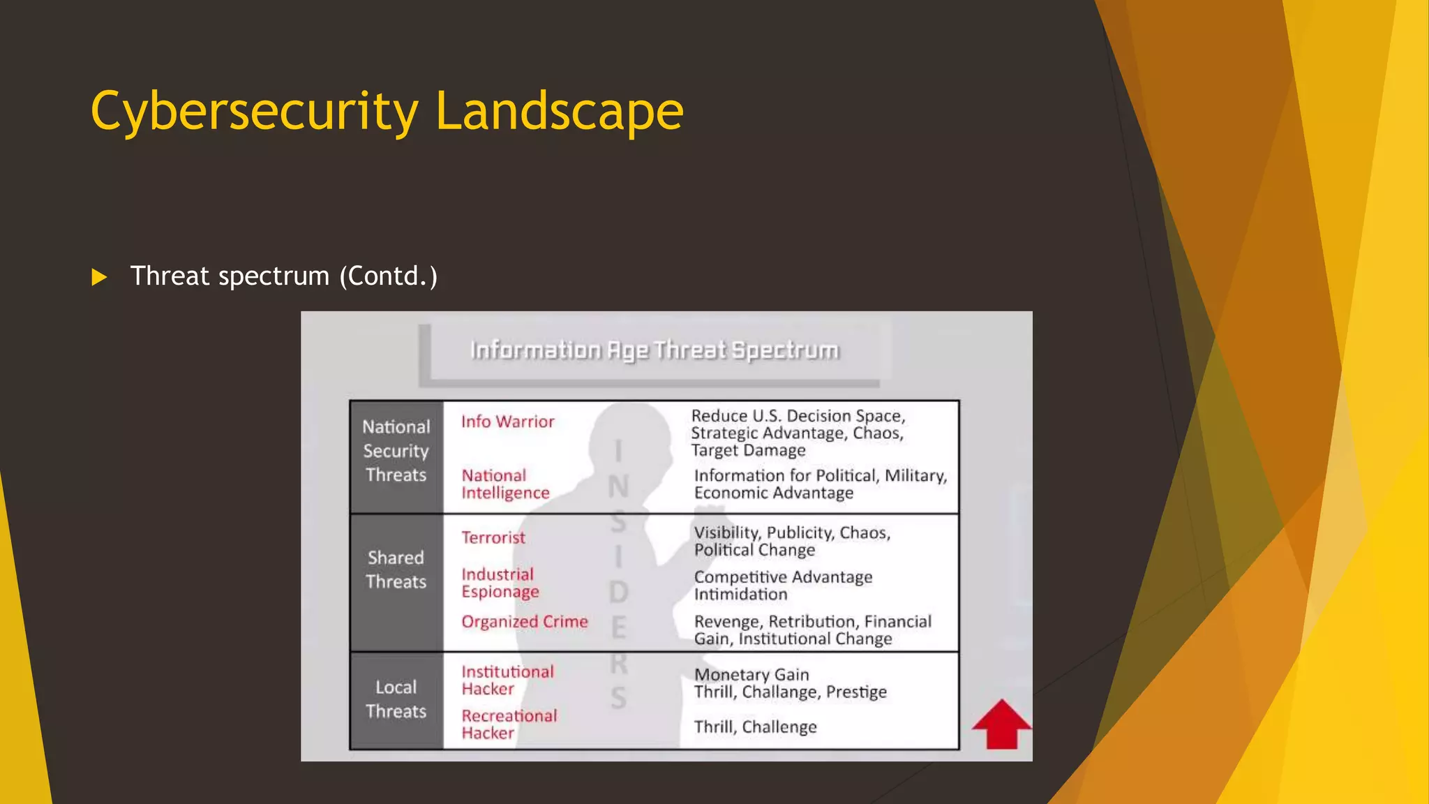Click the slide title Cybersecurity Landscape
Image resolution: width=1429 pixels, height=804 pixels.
(387, 111)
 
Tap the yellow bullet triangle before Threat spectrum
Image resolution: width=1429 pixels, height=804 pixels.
(99, 277)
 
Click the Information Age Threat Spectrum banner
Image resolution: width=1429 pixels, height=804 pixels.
(654, 350)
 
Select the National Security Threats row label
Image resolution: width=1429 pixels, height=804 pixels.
(396, 451)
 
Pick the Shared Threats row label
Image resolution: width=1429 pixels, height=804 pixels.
(396, 569)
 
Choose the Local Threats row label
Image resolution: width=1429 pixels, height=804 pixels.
(396, 699)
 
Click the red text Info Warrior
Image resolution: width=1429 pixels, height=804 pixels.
(507, 422)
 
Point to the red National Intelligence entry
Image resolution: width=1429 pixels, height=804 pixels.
(505, 484)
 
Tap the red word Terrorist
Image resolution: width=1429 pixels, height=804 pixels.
(493, 537)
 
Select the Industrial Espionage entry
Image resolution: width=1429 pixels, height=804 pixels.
(500, 583)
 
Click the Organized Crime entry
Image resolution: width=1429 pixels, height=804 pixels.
(524, 621)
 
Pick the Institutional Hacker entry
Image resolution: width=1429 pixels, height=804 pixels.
(507, 680)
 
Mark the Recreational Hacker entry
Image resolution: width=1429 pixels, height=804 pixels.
(509, 724)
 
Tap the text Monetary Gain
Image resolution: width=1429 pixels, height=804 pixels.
(751, 674)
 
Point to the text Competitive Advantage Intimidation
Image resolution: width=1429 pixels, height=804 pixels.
(783, 586)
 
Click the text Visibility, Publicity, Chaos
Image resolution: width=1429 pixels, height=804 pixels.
(792, 533)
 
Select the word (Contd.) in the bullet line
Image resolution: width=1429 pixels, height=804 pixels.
(388, 276)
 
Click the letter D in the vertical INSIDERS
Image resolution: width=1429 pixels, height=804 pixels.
(618, 592)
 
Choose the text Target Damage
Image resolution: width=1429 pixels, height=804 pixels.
(748, 450)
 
